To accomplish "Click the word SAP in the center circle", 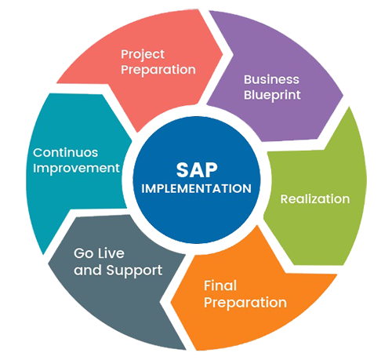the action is pyautogui.click(x=197, y=170).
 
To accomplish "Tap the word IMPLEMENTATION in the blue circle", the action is pyautogui.click(x=196, y=188).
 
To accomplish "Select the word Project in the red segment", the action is pyautogui.click(x=143, y=55).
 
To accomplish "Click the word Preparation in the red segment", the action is pyautogui.click(x=158, y=70).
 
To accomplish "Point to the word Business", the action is pyautogui.click(x=271, y=79).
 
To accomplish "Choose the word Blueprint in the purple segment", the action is pyautogui.click(x=272, y=96).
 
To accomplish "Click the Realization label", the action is pyautogui.click(x=315, y=199).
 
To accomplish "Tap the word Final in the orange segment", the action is pyautogui.click(x=220, y=285).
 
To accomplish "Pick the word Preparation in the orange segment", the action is pyautogui.click(x=245, y=303).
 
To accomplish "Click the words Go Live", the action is pyautogui.click(x=99, y=253).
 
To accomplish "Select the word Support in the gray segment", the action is pyautogui.click(x=134, y=271).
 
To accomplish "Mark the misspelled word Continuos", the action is pyautogui.click(x=65, y=153).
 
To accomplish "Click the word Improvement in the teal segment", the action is pyautogui.click(x=76, y=168).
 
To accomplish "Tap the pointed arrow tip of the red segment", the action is pyautogui.click(x=223, y=55).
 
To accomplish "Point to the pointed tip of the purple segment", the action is pyautogui.click(x=343, y=96).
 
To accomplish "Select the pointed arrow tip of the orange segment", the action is pyautogui.click(x=171, y=303).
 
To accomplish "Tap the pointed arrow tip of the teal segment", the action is pyautogui.click(x=44, y=254).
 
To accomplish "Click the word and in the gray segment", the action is pyautogui.click(x=88, y=270).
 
